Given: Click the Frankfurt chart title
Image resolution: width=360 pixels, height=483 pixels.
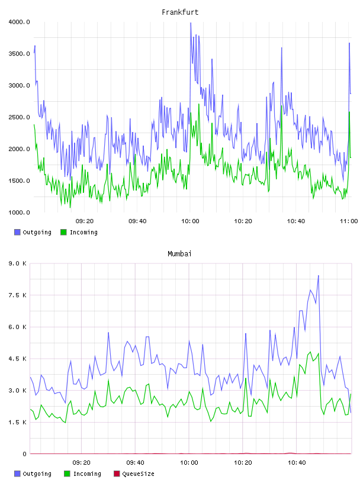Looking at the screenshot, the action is click(180, 12).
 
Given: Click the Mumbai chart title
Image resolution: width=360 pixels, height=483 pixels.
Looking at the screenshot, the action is click(179, 254).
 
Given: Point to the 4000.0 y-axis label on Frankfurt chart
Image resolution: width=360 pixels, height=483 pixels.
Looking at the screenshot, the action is click(19, 22).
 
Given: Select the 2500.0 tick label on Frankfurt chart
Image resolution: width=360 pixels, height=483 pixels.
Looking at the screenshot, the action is click(19, 117).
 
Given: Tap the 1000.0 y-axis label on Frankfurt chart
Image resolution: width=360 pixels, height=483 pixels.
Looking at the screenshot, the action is click(19, 212).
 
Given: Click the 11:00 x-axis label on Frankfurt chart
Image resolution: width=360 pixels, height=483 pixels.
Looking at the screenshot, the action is click(349, 221).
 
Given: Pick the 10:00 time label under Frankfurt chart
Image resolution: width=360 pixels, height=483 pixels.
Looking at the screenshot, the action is click(190, 221).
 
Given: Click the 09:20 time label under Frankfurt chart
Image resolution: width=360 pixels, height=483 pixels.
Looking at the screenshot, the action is click(85, 221).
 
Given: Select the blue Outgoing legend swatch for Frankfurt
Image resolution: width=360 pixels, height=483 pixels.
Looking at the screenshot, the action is click(17, 232).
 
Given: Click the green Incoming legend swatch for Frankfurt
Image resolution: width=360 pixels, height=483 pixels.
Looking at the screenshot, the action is click(63, 232).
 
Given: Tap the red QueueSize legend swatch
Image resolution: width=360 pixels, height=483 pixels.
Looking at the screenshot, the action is click(117, 474).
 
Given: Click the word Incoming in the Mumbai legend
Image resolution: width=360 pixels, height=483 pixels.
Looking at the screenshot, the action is click(87, 474).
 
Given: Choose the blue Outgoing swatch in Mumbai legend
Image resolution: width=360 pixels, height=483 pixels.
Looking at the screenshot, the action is click(17, 474).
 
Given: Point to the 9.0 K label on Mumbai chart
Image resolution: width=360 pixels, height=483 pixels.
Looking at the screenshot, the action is click(18, 263).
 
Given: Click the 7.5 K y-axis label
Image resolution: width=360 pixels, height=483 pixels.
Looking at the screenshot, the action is click(18, 295).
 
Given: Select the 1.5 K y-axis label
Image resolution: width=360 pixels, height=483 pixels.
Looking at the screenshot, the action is click(18, 422).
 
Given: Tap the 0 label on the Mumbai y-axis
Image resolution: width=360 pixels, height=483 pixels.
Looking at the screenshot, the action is click(24, 454).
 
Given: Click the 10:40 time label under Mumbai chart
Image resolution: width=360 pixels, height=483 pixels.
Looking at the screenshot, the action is click(297, 462).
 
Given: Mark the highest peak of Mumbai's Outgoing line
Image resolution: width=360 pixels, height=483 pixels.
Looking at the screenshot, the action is click(319, 276).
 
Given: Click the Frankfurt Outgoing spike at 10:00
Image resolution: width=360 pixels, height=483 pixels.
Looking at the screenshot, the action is click(191, 23).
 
